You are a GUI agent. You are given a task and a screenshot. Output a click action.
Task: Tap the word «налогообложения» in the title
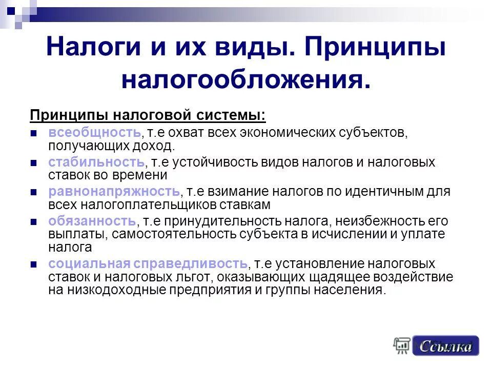pos(245,79)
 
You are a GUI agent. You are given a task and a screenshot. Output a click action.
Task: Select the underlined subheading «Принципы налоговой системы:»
pos(148,115)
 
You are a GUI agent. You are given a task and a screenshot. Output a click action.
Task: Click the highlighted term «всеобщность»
pos(94,133)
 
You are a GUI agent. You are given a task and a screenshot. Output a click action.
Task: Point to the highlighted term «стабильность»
pos(96,162)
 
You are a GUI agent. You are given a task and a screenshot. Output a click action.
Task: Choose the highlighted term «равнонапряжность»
pos(114,192)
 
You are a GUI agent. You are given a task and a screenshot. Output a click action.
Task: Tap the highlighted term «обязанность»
pos(92,221)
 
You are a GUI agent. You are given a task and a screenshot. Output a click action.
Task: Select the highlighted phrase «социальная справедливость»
pos(148,264)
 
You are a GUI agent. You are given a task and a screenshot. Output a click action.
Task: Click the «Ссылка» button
pos(445,346)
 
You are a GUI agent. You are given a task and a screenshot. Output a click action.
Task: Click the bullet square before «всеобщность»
pos(34,133)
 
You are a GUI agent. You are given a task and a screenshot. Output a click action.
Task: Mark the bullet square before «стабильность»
pos(34,163)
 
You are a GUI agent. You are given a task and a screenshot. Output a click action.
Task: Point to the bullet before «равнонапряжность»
pos(34,192)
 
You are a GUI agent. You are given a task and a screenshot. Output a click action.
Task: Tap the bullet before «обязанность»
pos(34,222)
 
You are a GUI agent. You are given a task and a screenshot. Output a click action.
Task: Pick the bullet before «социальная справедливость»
pos(34,264)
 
